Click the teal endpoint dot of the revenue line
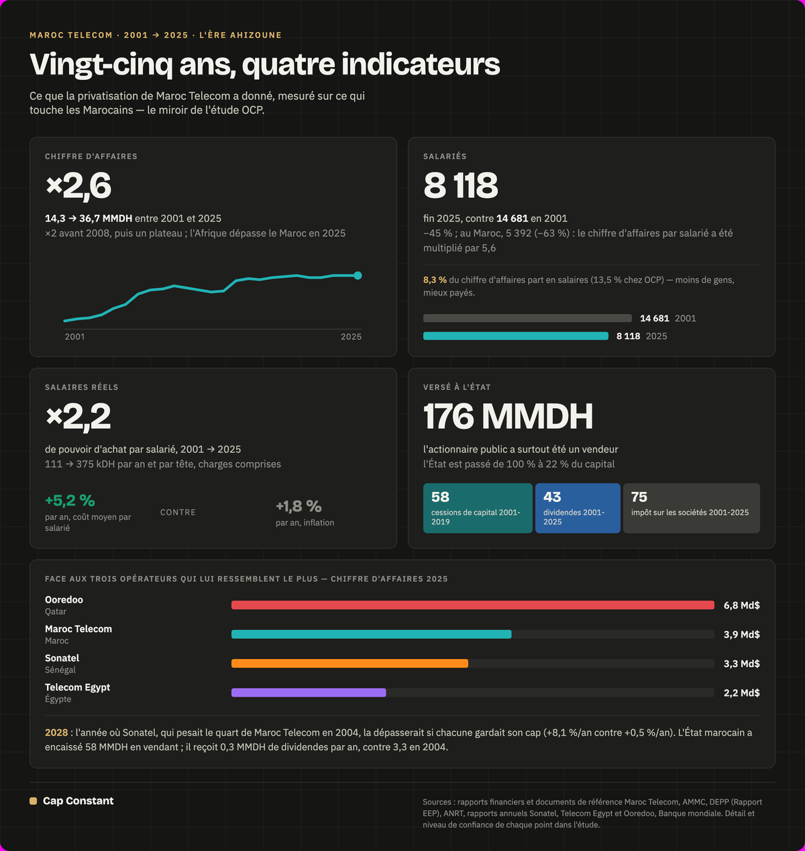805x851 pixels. (x=358, y=275)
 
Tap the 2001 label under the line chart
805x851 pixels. (x=75, y=337)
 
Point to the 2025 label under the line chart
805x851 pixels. (x=351, y=337)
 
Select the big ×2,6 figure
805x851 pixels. (x=78, y=185)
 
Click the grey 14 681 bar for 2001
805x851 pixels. (x=527, y=318)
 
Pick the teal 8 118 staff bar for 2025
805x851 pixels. (x=515, y=336)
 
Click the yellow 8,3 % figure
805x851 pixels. (x=435, y=280)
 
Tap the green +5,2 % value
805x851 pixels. (x=70, y=501)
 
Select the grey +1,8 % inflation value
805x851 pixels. (x=299, y=506)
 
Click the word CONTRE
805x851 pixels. (x=178, y=513)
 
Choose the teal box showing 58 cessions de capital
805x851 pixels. (x=478, y=508)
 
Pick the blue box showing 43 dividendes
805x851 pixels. (x=578, y=508)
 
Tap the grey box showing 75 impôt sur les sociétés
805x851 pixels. (x=692, y=508)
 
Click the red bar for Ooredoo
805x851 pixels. (x=473, y=605)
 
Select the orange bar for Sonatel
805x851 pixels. (x=350, y=663)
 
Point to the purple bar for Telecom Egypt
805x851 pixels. (x=309, y=693)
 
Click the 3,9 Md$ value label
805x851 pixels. (x=742, y=635)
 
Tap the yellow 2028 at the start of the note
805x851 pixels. (x=56, y=732)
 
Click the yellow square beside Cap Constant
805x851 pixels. (x=34, y=801)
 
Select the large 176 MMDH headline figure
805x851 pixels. (x=508, y=416)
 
